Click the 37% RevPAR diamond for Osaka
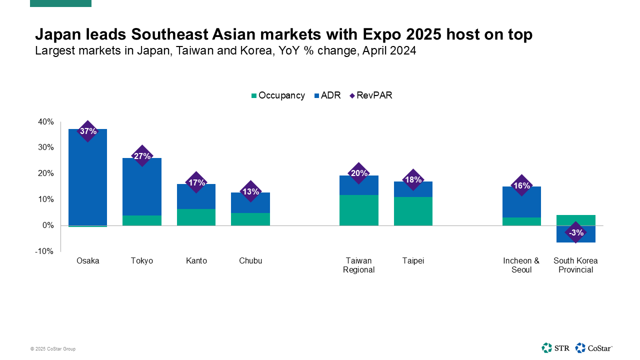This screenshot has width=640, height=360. (x=88, y=131)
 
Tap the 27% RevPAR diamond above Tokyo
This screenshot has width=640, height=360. (x=142, y=156)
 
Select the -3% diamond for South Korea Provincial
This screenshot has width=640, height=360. (x=575, y=232)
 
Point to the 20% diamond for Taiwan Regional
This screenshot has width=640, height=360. (x=359, y=173)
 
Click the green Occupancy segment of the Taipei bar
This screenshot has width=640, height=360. (x=413, y=211)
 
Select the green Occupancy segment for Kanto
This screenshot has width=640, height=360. (x=196, y=217)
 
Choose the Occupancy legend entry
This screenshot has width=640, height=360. (x=278, y=95)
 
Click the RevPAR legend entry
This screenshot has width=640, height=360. (x=370, y=95)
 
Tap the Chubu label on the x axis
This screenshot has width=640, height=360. (x=250, y=261)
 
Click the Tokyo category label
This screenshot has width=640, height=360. (x=142, y=261)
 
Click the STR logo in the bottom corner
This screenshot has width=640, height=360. (x=555, y=348)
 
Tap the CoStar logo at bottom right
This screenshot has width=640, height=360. (x=594, y=348)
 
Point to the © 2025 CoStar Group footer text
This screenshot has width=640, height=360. (x=53, y=349)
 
